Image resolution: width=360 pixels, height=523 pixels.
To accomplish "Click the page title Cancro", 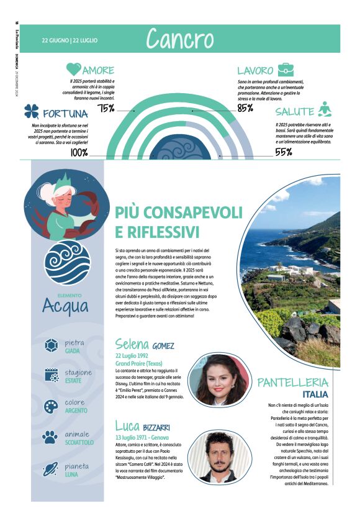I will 179,39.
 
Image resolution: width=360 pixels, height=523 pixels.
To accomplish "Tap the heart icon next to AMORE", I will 74,70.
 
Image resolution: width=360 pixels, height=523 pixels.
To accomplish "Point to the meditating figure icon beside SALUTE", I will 324,110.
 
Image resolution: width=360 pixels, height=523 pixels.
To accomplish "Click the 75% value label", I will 106,109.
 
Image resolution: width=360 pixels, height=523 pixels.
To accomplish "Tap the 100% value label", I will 79,152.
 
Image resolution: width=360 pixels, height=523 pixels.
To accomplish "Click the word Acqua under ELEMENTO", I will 66,306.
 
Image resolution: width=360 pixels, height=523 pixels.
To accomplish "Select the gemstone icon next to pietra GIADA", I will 52,346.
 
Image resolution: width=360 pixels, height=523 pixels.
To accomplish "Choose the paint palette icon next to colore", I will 52,406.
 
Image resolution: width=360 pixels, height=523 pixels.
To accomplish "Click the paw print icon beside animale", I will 52,437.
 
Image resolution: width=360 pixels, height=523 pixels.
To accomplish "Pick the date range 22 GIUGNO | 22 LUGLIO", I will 70,40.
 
